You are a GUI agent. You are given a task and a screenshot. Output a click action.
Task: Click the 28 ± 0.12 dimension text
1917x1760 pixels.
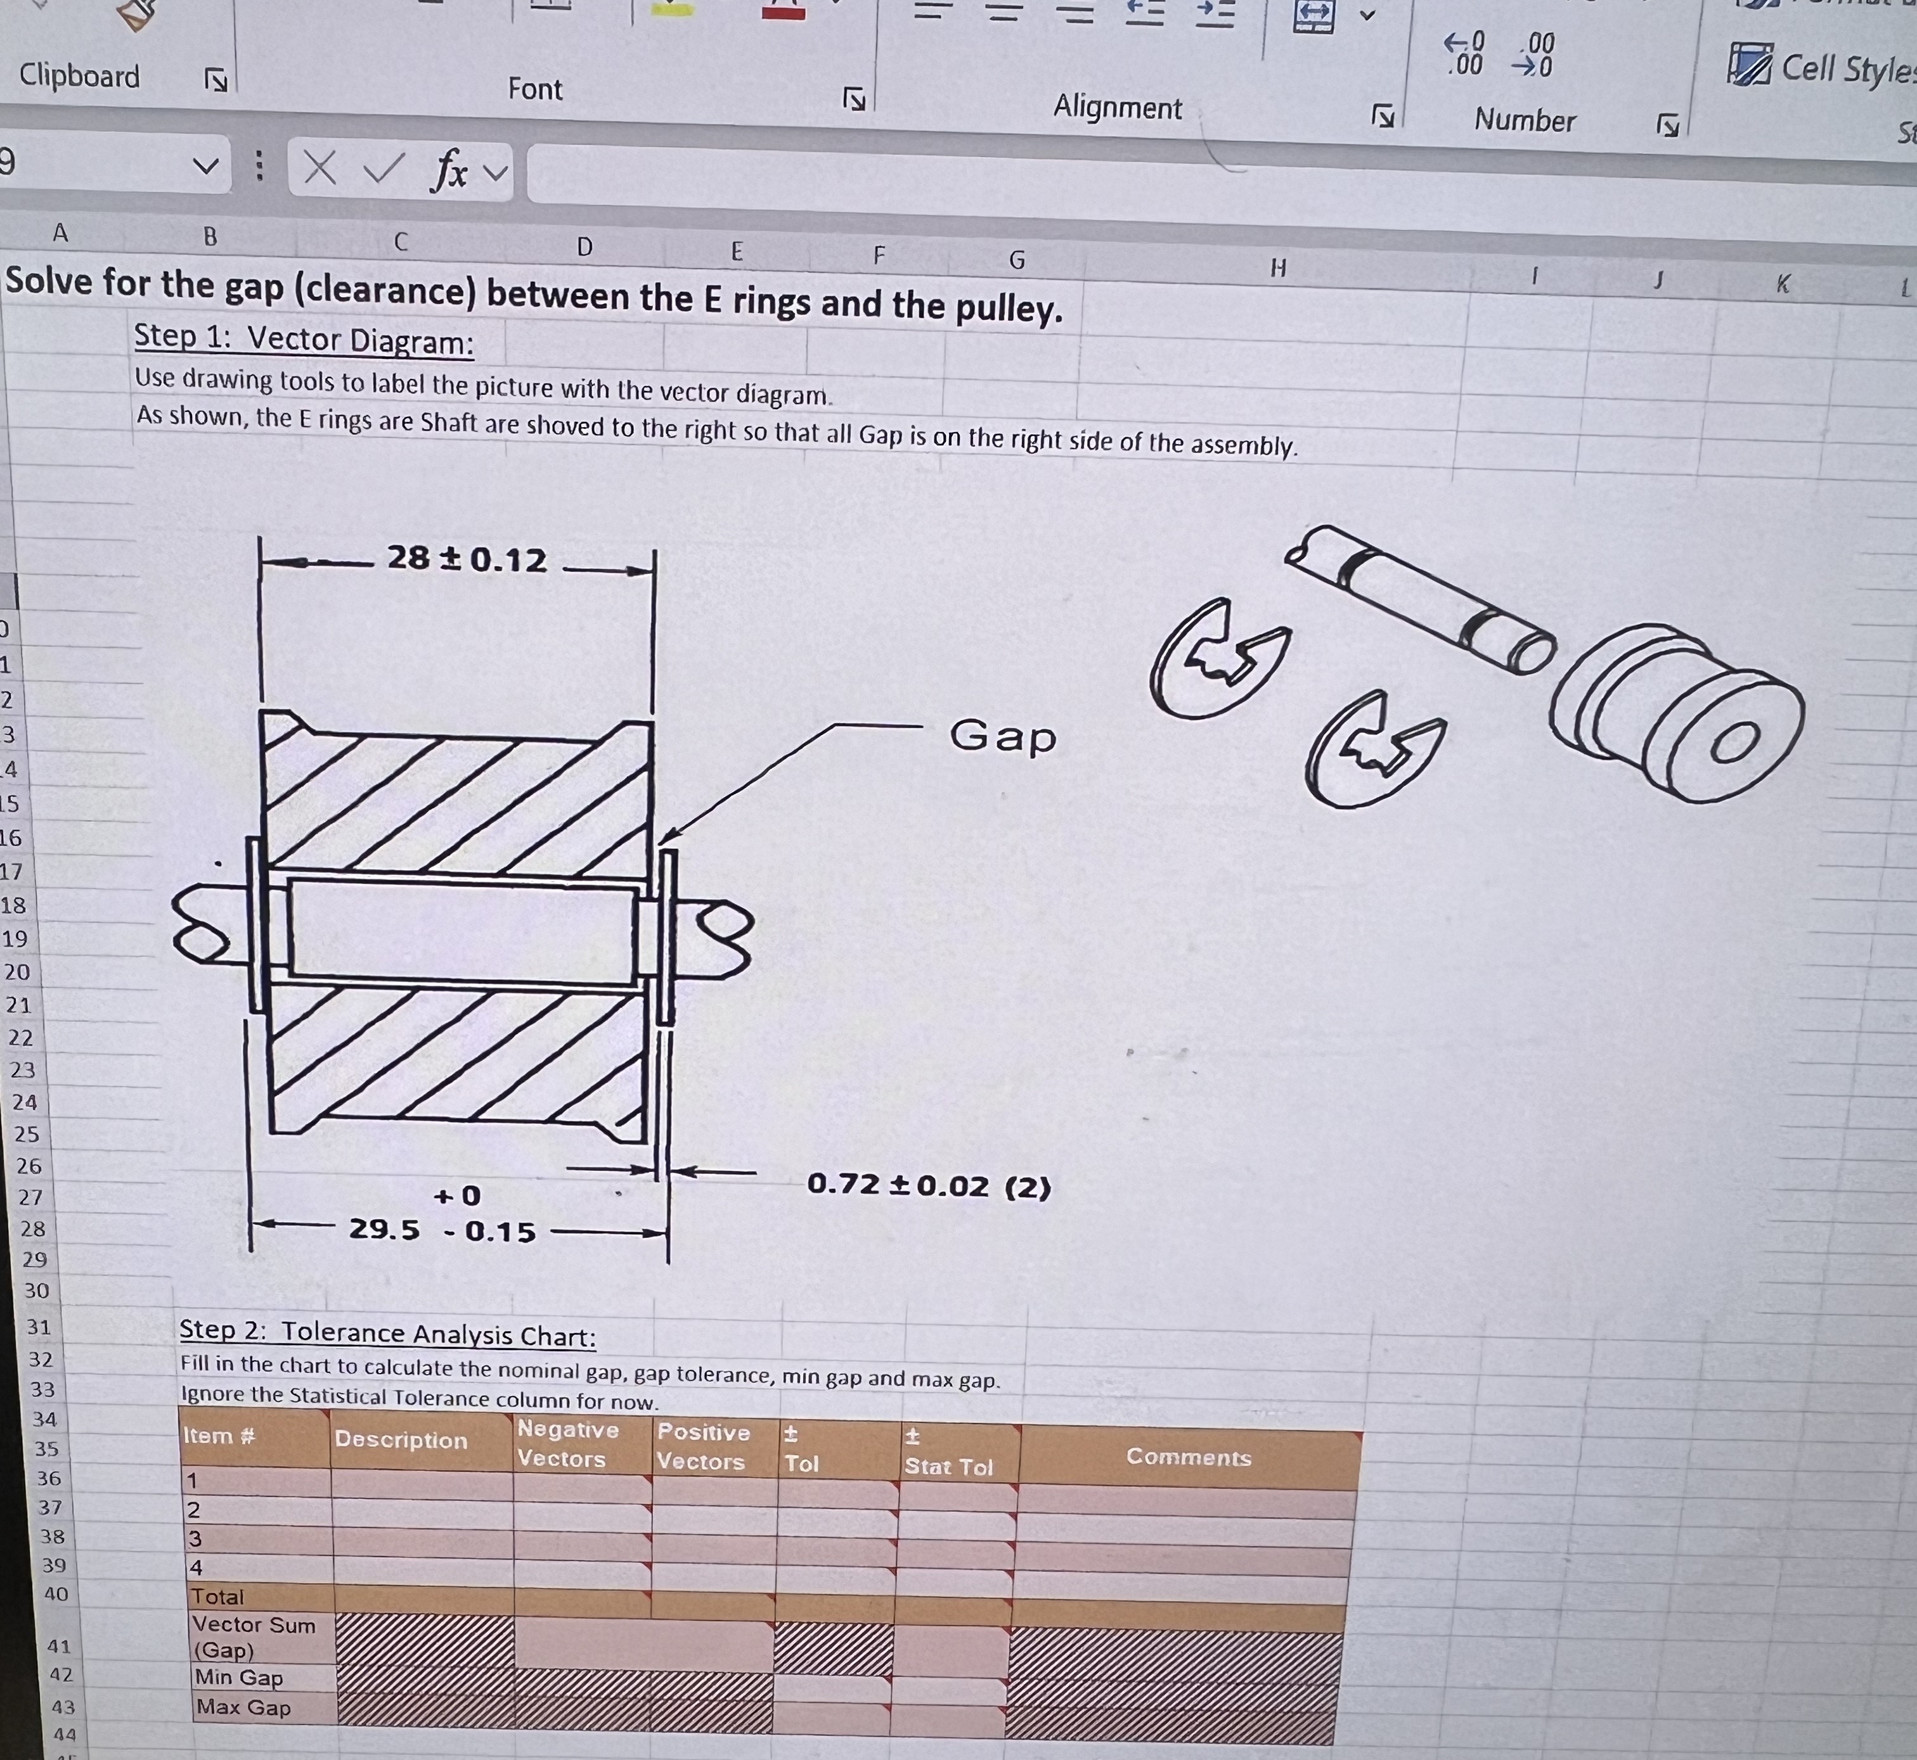pyautogui.click(x=467, y=559)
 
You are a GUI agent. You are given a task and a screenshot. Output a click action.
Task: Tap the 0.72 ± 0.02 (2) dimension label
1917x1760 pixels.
pyautogui.click(x=929, y=1186)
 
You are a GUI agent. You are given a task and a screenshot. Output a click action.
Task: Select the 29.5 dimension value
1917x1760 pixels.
pyautogui.click(x=384, y=1230)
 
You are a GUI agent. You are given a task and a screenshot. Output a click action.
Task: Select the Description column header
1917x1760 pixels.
pyautogui.click(x=401, y=1440)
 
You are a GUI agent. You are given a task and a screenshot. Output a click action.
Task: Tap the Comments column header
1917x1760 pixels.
pyautogui.click(x=1188, y=1457)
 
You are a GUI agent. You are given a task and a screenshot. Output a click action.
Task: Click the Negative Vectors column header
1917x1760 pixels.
pyautogui.click(x=568, y=1444)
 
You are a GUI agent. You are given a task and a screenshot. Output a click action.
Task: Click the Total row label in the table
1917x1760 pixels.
pyautogui.click(x=218, y=1597)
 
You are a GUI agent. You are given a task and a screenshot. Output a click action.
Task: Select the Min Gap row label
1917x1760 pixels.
pyautogui.click(x=239, y=1678)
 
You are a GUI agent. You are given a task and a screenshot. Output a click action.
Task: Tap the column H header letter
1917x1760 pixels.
pyautogui.click(x=1277, y=269)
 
